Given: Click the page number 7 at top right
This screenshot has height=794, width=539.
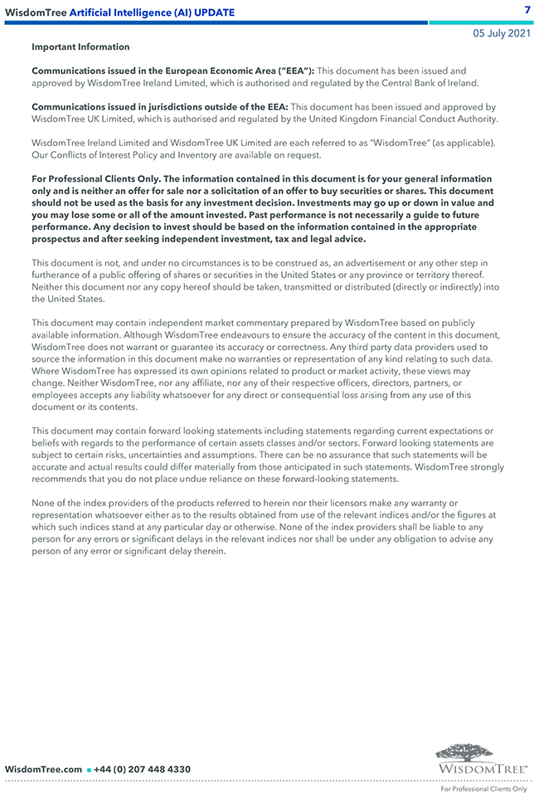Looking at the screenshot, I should coord(527,9).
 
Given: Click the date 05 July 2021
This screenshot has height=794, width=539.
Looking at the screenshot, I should coord(502,33).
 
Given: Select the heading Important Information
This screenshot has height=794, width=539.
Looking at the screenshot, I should coord(80,47).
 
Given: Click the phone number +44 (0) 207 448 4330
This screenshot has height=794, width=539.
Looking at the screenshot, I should coord(143,769).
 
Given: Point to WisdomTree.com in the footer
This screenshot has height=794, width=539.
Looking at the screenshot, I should coord(43,769).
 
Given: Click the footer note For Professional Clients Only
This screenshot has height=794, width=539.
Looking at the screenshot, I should coord(483,789).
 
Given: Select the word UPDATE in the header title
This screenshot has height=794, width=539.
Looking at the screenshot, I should coord(213,12).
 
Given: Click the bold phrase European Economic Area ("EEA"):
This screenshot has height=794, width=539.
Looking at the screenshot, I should coord(243,71).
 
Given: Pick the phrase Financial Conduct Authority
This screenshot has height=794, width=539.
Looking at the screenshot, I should coord(442,119).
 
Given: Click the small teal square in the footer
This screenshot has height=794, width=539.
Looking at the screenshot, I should coord(89,770).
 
